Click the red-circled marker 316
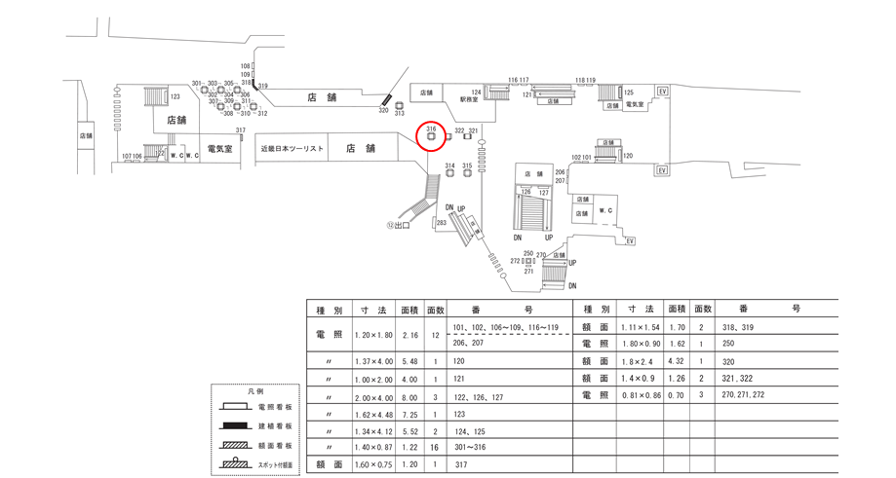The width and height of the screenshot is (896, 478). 431,135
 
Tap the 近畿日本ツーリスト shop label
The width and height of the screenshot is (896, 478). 292,149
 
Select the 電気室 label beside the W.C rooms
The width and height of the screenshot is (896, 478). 219,150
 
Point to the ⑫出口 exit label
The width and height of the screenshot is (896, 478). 398,225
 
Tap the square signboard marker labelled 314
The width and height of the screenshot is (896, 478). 449,174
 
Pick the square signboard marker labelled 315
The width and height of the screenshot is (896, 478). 467,174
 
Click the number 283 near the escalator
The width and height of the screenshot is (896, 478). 442,223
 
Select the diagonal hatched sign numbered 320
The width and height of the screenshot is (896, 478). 386,99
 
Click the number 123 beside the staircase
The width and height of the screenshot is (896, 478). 175,97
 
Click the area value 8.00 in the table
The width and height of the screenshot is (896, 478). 410,397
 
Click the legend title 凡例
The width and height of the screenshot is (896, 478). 256,389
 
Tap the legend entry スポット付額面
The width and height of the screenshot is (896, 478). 275,464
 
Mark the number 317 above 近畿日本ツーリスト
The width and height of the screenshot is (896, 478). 240,130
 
